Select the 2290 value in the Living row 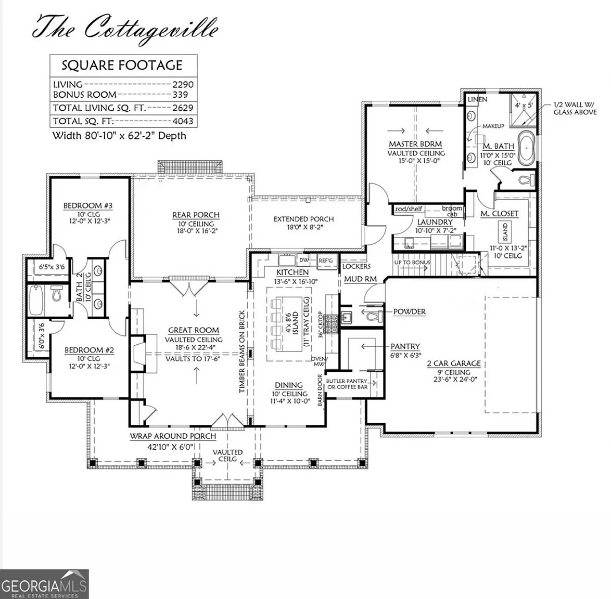[x=183, y=84]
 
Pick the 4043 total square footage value [x=183, y=121]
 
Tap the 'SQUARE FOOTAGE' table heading [x=122, y=65]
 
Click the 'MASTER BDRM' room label [x=415, y=144]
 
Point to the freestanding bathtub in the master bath [x=526, y=148]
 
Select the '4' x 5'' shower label [x=524, y=105]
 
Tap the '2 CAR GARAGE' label [x=454, y=363]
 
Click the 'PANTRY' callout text [x=405, y=346]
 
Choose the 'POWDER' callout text [x=409, y=311]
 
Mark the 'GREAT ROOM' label [x=194, y=330]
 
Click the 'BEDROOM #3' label [x=88, y=206]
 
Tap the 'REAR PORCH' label [x=196, y=215]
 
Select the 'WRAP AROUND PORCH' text [x=173, y=436]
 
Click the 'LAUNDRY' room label [x=435, y=222]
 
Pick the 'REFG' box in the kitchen [x=326, y=261]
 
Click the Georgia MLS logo [x=44, y=583]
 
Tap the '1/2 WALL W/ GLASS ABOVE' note [x=575, y=108]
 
